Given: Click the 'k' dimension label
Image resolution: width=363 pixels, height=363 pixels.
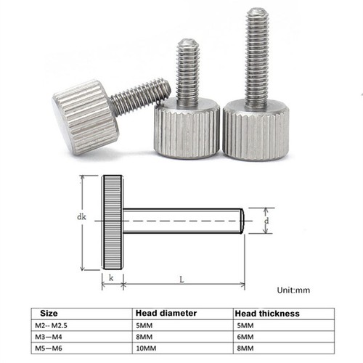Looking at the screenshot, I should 111,278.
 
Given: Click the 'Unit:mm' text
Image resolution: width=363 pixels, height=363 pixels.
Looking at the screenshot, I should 293,290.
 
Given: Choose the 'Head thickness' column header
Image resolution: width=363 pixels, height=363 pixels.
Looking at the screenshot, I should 266,313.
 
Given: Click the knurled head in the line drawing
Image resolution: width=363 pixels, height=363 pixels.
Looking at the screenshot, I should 113,221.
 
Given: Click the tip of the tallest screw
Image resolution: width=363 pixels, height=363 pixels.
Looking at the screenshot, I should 256,14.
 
